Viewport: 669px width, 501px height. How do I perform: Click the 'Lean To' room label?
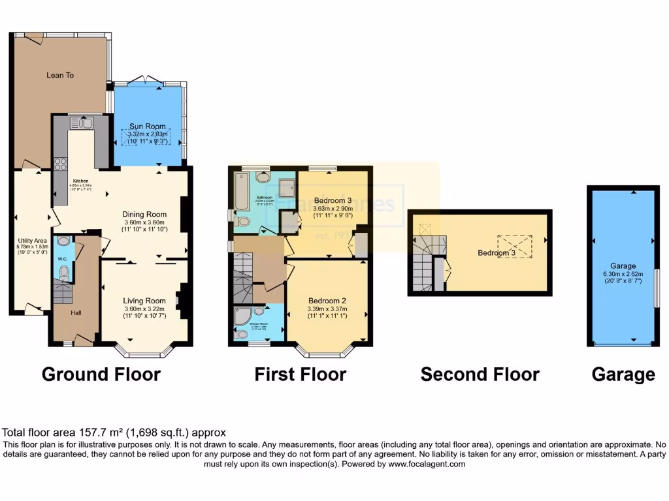[x=60, y=75]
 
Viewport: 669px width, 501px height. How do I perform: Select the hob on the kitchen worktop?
[x=61, y=164]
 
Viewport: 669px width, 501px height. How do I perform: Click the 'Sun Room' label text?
[x=147, y=126]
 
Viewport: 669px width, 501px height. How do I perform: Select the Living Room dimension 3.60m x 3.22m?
[x=144, y=309]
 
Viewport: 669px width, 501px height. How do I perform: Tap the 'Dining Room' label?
[x=144, y=214]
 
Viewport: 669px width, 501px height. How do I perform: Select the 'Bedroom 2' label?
[x=327, y=301]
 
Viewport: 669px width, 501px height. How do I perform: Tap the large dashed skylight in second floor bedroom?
[x=515, y=246]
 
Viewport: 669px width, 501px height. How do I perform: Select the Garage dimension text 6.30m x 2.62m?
[x=623, y=274]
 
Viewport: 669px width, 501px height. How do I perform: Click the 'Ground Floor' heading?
[x=101, y=374]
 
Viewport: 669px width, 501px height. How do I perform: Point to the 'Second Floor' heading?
[x=480, y=374]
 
